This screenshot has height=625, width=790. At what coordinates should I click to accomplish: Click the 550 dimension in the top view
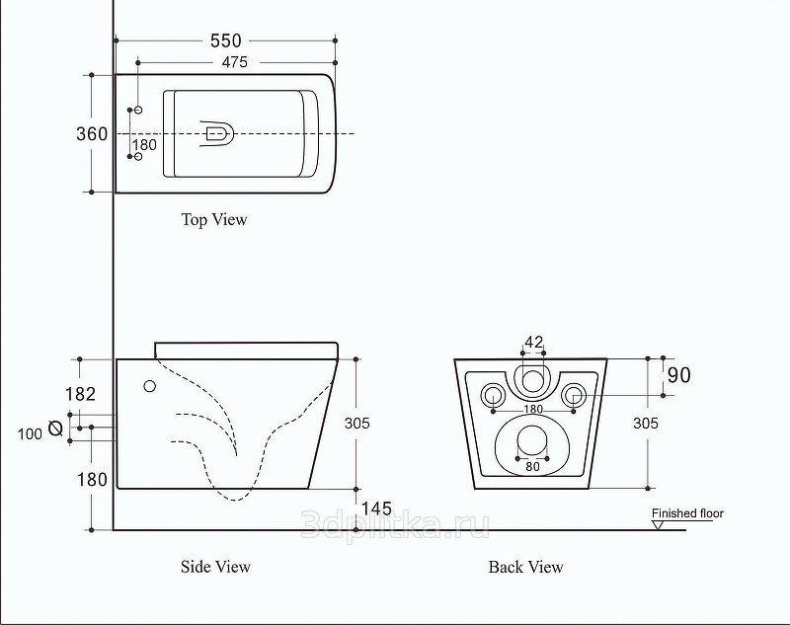pos(226,40)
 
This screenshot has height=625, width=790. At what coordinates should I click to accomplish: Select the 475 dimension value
pos(227,62)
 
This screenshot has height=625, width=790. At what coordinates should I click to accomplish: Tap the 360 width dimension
pos(92,134)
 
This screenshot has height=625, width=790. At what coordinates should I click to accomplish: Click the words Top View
pos(214,219)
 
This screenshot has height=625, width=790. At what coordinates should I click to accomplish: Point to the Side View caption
pos(215,567)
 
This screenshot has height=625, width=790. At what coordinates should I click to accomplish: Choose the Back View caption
pos(526,567)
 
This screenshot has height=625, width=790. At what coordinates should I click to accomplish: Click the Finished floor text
pos(686,513)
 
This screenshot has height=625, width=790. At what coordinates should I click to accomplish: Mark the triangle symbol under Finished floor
pos(658,524)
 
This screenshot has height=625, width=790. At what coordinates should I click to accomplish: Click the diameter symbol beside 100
pos(55,429)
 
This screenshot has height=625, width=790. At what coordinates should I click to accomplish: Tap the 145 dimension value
pos(376,508)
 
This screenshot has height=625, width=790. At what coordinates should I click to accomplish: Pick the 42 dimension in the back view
pos(534,343)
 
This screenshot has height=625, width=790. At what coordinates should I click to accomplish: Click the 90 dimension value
pos(678,375)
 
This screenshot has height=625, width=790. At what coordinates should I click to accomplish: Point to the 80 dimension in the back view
pos(532,465)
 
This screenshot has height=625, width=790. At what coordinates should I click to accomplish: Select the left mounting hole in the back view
pos(492,396)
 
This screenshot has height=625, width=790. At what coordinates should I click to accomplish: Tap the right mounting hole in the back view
pos(575,396)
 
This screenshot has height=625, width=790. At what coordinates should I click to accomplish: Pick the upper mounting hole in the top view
pos(138,110)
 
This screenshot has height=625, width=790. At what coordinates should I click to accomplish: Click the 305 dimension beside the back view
pos(645,423)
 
